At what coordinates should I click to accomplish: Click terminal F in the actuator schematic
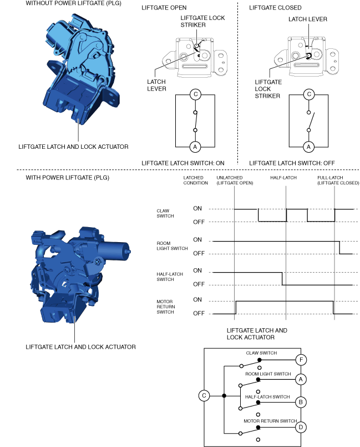pos(301,359)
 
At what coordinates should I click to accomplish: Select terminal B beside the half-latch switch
pos(301,401)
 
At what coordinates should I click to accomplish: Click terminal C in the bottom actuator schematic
pos(204,396)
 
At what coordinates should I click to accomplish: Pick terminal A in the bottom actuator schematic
pos(301,379)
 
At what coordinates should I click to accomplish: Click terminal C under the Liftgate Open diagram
pos(195,94)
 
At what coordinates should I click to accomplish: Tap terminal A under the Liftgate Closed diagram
pos(309,147)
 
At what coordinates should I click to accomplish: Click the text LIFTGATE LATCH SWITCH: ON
pos(182,163)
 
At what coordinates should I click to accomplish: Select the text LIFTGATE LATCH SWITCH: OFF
pos(291,163)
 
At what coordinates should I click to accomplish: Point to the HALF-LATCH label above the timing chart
pos(283,177)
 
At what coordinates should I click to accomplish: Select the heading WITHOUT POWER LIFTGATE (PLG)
pos(69,3)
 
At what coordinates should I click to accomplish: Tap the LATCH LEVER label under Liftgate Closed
pos(307,19)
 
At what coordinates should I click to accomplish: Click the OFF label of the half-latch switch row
pos(197,284)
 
